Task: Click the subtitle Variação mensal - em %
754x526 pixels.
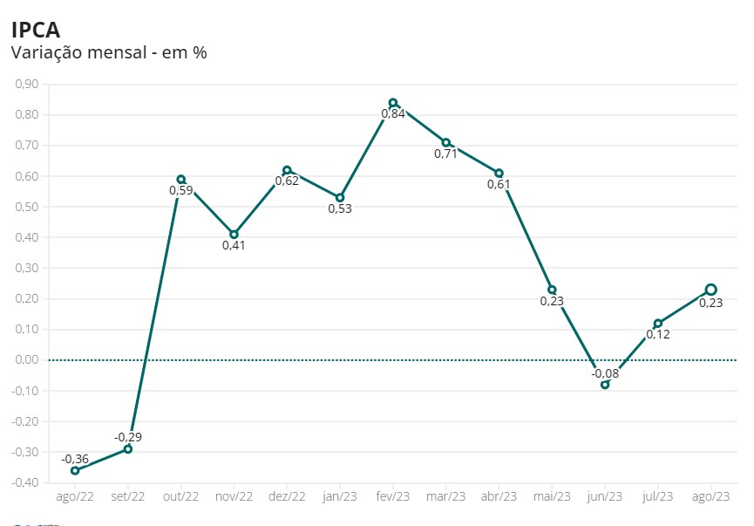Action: tap(108, 52)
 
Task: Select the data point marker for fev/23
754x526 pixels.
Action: tap(393, 103)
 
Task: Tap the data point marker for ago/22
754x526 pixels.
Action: tap(75, 470)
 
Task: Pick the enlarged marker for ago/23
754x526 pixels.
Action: tap(710, 290)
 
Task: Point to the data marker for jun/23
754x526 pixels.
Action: tap(605, 385)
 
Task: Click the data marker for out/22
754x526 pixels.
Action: tap(181, 180)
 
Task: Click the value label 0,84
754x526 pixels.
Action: tap(393, 114)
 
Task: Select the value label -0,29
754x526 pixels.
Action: tap(128, 436)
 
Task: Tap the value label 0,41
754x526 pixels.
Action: tap(234, 245)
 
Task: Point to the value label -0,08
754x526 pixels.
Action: tap(605, 373)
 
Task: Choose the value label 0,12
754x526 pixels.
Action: tap(658, 334)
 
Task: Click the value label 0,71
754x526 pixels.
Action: tap(445, 154)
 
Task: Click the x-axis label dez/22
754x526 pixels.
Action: tap(287, 496)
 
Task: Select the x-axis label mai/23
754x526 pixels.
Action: tap(552, 496)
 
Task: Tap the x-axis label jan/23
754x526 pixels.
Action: tap(340, 496)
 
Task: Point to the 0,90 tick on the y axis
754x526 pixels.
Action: tap(27, 85)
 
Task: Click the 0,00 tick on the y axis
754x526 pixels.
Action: tap(27, 360)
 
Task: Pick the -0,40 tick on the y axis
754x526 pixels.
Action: tap(25, 482)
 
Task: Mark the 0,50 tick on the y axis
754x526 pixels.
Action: tap(27, 207)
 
